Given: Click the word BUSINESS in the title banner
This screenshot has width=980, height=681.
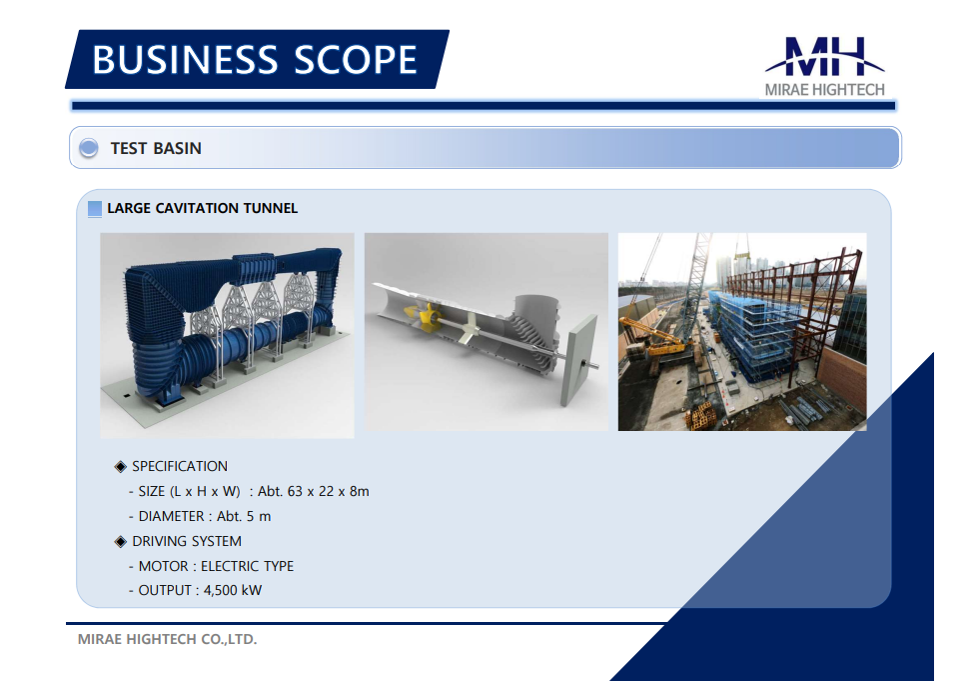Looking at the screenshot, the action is [x=185, y=60].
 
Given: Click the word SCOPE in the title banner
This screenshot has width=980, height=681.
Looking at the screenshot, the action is [x=355, y=60].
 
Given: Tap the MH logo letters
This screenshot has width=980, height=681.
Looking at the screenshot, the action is [x=825, y=56].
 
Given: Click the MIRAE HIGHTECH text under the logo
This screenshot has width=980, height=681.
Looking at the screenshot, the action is [x=825, y=90].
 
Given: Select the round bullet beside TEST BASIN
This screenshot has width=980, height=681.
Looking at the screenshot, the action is [x=89, y=148].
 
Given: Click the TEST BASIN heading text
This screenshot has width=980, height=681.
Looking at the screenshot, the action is [x=156, y=148].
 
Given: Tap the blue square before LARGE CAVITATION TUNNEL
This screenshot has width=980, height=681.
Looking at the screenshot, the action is [x=95, y=208].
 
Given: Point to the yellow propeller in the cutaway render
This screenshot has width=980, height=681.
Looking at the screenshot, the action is [x=424, y=313].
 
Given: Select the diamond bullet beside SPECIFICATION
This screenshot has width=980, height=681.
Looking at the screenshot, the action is [x=121, y=466].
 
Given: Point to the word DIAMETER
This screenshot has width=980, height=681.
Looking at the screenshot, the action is [x=171, y=516].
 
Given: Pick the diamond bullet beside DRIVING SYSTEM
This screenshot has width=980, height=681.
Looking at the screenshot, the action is [x=121, y=541].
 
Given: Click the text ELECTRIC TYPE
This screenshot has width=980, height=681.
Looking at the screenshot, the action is [x=247, y=566].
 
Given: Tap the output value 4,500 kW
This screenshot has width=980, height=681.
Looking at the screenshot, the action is [x=233, y=590].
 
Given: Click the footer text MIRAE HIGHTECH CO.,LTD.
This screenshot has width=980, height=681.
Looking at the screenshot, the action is [x=168, y=639].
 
